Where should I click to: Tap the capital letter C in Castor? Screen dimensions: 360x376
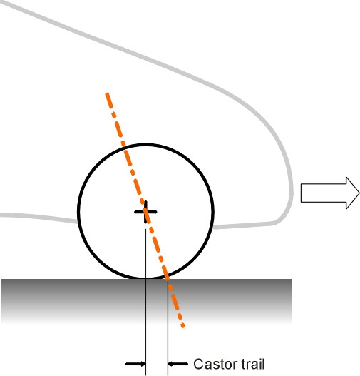198,364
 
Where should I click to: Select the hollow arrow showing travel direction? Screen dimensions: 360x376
330,193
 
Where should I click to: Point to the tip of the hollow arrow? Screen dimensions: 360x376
359,193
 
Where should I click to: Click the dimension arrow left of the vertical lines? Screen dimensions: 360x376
135,364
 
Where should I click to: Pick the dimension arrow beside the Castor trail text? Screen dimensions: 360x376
178,364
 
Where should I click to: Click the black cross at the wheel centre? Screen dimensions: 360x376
145,212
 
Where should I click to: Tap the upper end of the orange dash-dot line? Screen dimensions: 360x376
107,93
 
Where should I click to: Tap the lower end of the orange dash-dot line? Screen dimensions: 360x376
183,326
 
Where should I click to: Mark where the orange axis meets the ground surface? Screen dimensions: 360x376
168,279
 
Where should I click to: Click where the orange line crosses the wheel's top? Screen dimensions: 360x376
124,147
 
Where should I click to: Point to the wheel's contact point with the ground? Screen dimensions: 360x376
145,279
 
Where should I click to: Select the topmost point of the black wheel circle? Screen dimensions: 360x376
145,144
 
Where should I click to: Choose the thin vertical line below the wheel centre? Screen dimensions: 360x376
145,302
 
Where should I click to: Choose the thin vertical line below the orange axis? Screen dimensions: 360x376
168,327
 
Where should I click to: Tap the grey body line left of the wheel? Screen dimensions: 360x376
38,218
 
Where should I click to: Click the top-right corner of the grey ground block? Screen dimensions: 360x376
292,280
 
